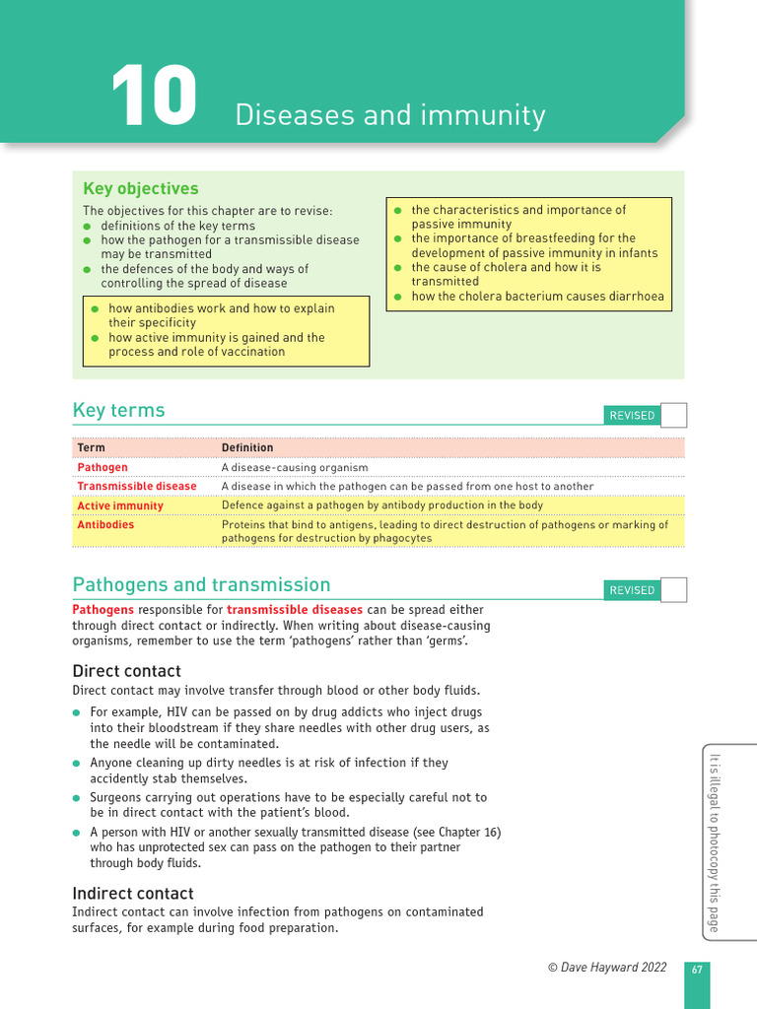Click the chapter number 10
[154, 97]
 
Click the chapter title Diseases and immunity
[389, 115]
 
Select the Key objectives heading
[140, 188]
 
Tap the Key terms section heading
[118, 410]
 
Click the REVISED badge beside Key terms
[632, 416]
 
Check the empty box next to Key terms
[673, 415]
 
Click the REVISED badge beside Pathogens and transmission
[632, 590]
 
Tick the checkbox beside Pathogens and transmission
[673, 590]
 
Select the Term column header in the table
[91, 447]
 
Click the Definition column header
[247, 447]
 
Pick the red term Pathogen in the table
[103, 467]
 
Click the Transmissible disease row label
[137, 486]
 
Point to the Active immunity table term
[120, 505]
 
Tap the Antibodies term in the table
[105, 525]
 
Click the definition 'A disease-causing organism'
[295, 467]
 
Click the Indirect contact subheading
[133, 893]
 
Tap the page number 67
[697, 970]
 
